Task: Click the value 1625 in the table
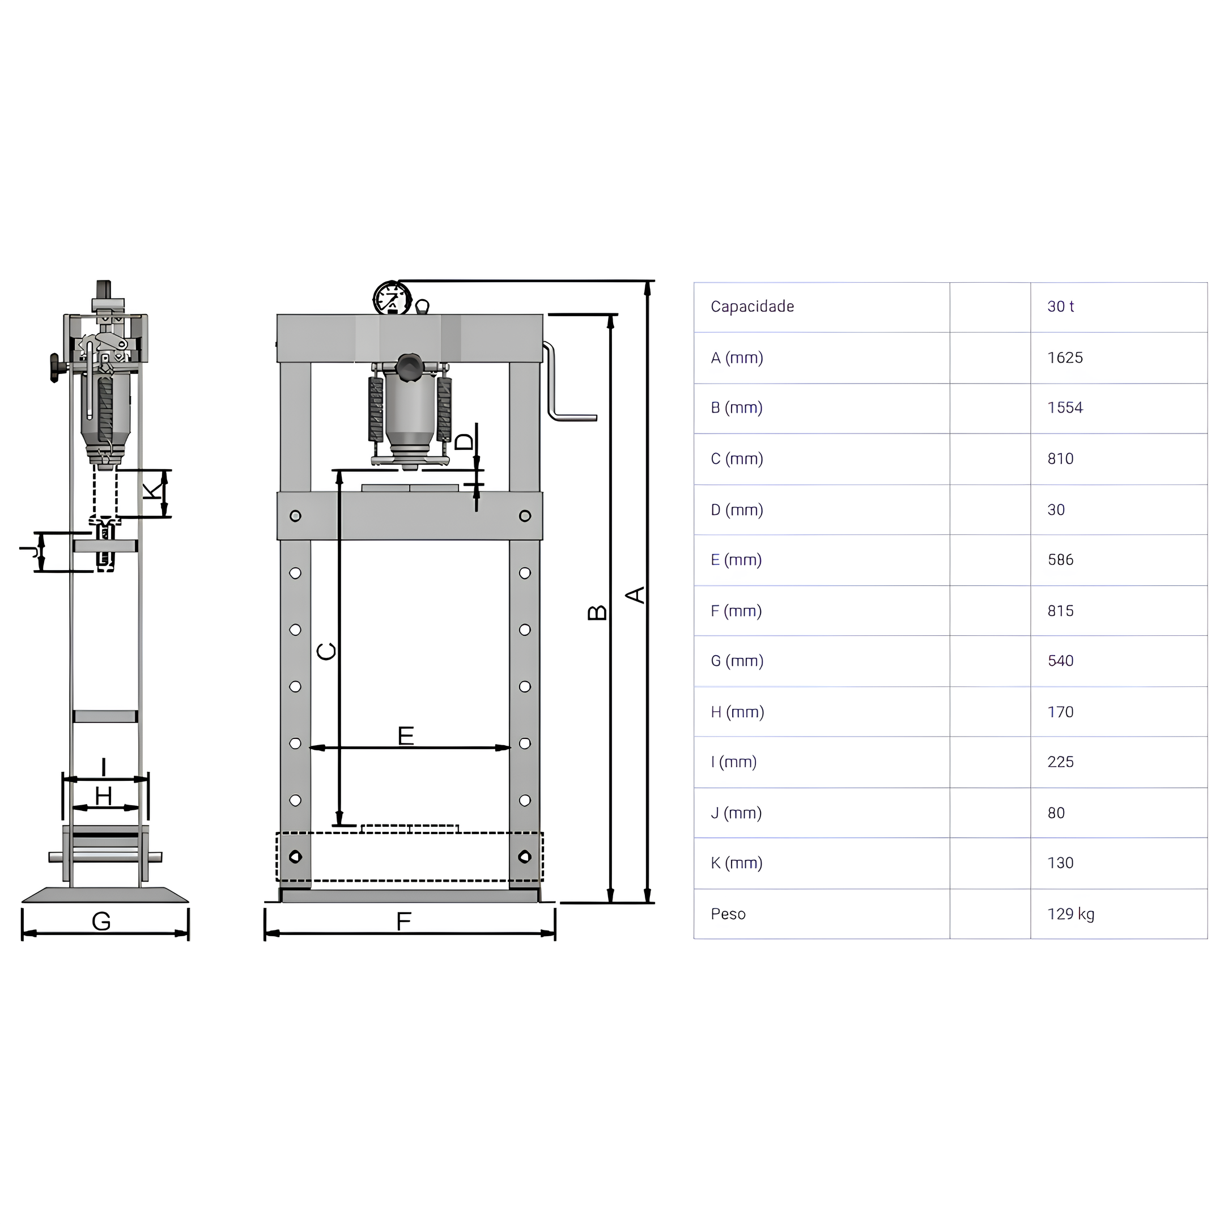pos(1065,358)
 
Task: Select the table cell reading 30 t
pos(1061,307)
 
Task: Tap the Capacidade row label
pos(752,307)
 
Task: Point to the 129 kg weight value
pos(1070,914)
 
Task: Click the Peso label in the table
pos(728,914)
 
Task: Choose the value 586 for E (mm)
pos(1061,560)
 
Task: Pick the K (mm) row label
pos(736,864)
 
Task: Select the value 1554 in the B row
pos(1065,408)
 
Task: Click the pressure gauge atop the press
pos(392,299)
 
